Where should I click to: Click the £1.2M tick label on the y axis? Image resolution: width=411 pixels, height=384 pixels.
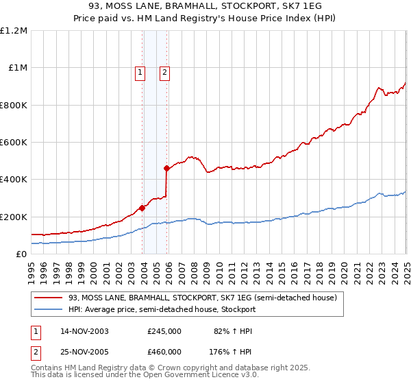[14, 31]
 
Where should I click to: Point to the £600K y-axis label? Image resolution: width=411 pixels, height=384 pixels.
[14, 143]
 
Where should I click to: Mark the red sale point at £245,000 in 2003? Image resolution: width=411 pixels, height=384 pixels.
[142, 208]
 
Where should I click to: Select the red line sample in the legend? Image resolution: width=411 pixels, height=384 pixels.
[49, 298]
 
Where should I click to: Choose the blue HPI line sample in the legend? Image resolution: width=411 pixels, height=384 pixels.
[49, 309]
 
